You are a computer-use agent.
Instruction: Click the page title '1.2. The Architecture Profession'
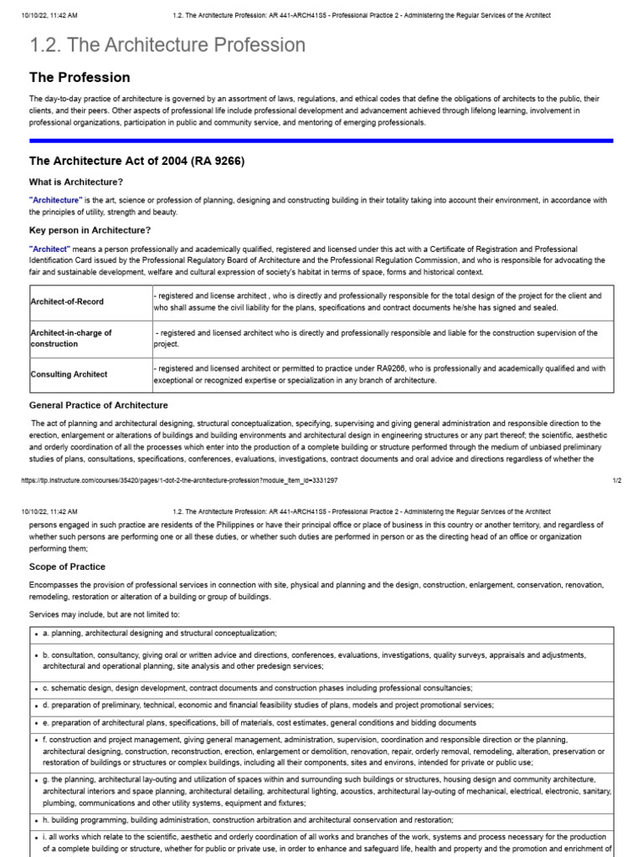click(x=167, y=45)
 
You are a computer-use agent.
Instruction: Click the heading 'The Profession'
click(x=80, y=78)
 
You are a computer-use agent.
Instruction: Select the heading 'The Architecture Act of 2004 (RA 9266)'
click(x=136, y=161)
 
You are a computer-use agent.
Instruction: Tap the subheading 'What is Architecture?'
click(x=76, y=182)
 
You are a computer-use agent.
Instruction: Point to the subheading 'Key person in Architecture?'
click(x=90, y=230)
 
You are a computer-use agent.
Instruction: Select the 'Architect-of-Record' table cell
click(x=67, y=301)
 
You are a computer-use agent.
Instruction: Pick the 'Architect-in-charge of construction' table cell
click(x=71, y=338)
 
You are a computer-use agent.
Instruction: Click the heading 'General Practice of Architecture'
click(x=99, y=405)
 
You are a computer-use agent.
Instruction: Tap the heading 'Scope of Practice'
click(x=67, y=567)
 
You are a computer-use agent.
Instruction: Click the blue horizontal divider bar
click(x=321, y=141)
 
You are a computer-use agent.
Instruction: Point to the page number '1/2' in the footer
click(x=616, y=480)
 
